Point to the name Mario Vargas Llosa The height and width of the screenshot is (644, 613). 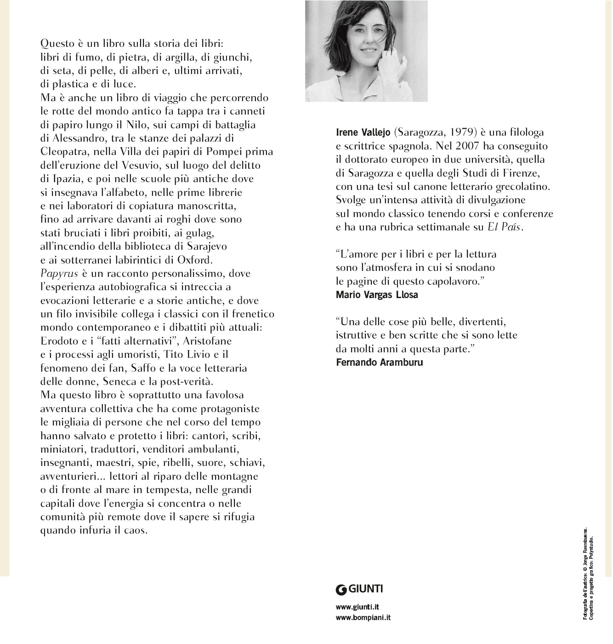[x=377, y=295]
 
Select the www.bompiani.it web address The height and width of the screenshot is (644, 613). [x=363, y=618]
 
